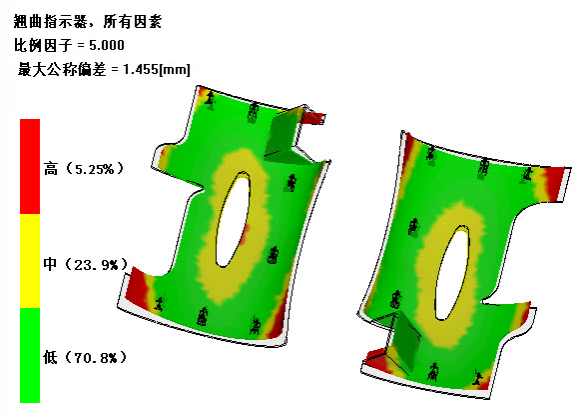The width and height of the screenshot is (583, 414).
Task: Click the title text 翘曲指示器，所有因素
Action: (88, 22)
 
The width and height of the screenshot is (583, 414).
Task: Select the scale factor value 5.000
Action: (107, 45)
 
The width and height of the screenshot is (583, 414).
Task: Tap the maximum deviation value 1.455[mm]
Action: (157, 69)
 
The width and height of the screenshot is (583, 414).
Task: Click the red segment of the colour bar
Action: (30, 166)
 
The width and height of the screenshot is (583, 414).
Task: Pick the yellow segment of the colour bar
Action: (30, 261)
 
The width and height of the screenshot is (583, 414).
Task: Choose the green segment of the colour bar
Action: (30, 355)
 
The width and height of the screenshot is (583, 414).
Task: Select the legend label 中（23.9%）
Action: (85, 264)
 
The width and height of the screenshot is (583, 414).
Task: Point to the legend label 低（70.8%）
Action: (85, 357)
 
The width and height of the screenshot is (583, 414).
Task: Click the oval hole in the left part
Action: (233, 220)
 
